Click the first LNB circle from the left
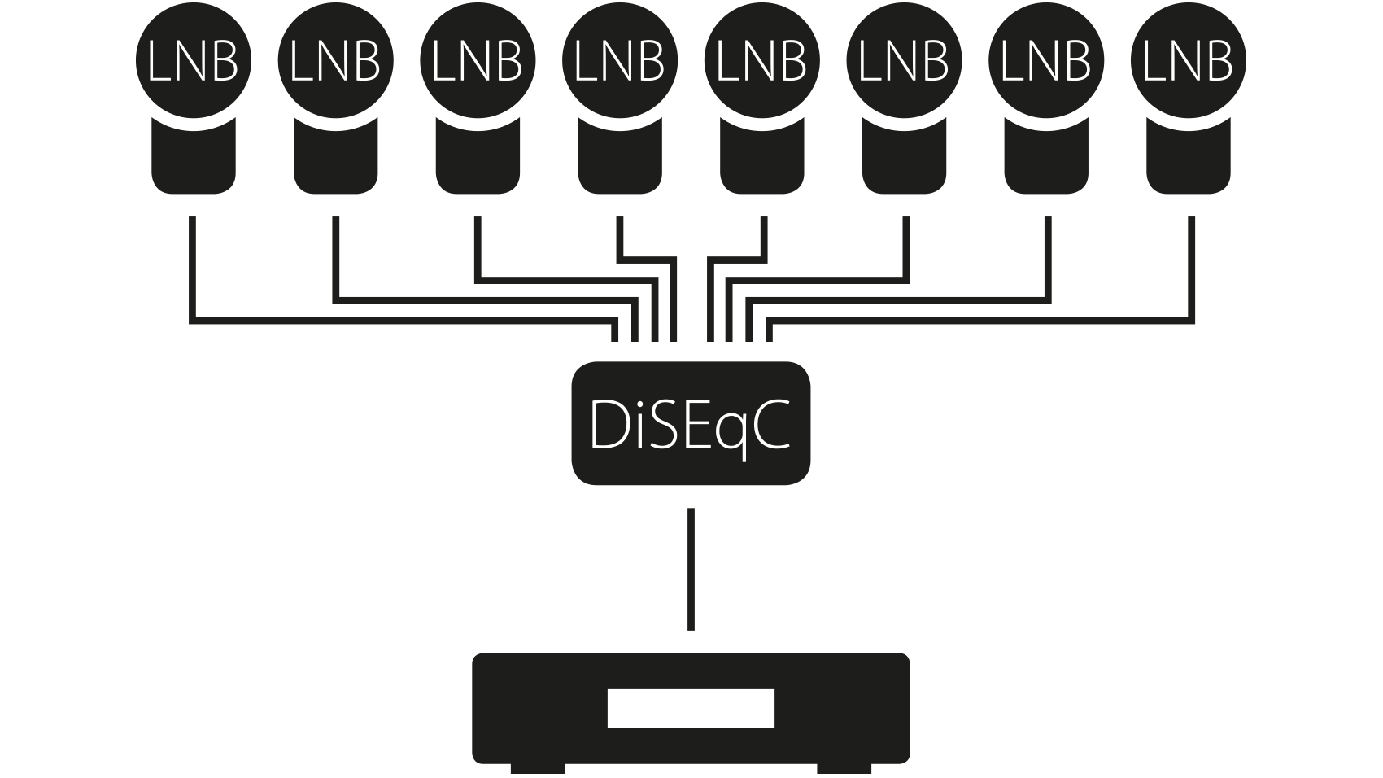[194, 62]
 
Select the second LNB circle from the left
[335, 62]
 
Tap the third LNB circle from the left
[478, 62]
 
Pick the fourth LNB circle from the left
[620, 62]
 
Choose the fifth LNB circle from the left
[762, 62]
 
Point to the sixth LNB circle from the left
[904, 62]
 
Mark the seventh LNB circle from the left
[1046, 62]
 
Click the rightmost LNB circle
[1189, 62]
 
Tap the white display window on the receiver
[691, 708]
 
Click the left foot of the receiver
[538, 769]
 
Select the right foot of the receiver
[844, 769]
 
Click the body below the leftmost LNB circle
[194, 163]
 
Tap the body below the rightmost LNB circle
[1189, 163]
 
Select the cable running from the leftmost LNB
[193, 269]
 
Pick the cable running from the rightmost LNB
[1192, 269]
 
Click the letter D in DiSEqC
[607, 424]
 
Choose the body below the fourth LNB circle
[620, 163]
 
